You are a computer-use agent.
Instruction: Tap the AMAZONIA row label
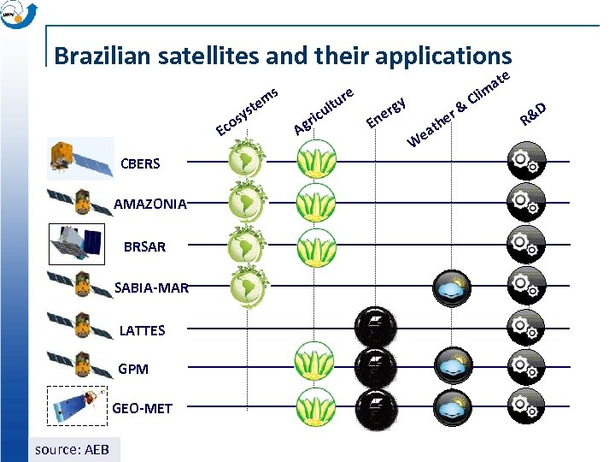[x=150, y=204]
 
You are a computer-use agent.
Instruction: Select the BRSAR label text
[x=144, y=246]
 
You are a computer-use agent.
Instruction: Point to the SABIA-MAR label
[x=151, y=287]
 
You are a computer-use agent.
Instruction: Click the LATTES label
[x=142, y=330]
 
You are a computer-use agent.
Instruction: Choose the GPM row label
[x=133, y=370]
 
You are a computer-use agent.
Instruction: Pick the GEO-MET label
[x=142, y=408]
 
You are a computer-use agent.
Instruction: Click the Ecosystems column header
[x=248, y=111]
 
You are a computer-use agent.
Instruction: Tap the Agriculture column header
[x=324, y=110]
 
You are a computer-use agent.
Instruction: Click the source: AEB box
[x=73, y=449]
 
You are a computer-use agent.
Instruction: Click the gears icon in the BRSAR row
[x=524, y=244]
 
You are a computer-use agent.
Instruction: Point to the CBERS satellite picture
[x=80, y=157]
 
